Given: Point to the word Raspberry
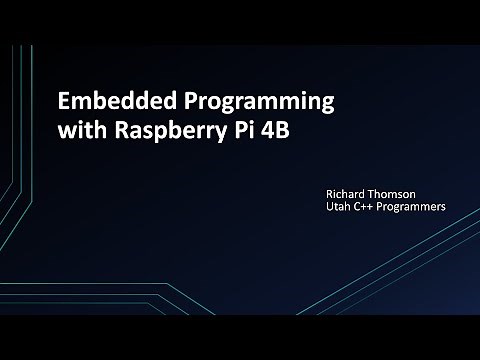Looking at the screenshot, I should click(x=170, y=133).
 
